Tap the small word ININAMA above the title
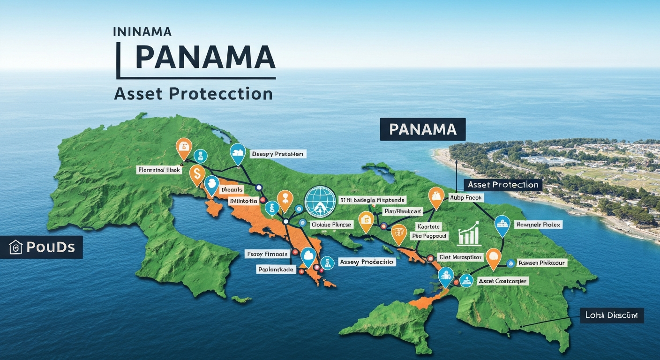click(x=142, y=32)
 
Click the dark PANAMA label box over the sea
click(x=422, y=129)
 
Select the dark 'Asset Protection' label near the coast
click(x=502, y=185)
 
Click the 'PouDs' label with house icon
click(x=42, y=247)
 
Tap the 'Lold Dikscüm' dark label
click(x=611, y=315)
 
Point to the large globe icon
click(x=321, y=201)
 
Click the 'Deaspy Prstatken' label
click(x=277, y=153)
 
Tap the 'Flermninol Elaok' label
click(x=159, y=170)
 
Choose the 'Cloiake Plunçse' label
click(x=331, y=225)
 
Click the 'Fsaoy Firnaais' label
click(x=267, y=254)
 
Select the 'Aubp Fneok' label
click(x=466, y=198)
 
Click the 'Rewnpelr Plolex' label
click(x=538, y=225)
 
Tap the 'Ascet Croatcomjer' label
click(x=503, y=281)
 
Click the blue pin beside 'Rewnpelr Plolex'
click(x=502, y=225)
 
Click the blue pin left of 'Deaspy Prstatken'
click(x=238, y=153)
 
